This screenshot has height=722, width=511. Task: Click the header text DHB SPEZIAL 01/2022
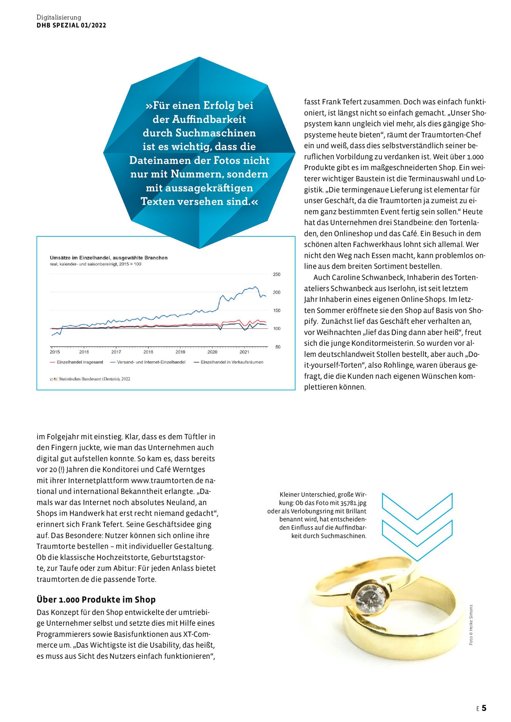click(x=71, y=25)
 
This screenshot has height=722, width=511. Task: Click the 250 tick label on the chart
click(x=276, y=275)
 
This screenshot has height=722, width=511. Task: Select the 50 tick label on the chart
click(x=277, y=347)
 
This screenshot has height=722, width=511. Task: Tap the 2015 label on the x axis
click(x=55, y=352)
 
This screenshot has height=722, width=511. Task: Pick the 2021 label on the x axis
click(x=244, y=352)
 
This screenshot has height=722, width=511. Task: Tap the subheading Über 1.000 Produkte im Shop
click(x=96, y=600)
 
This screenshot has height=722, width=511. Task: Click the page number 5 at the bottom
click(x=484, y=708)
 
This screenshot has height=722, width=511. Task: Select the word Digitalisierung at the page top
click(x=59, y=17)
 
